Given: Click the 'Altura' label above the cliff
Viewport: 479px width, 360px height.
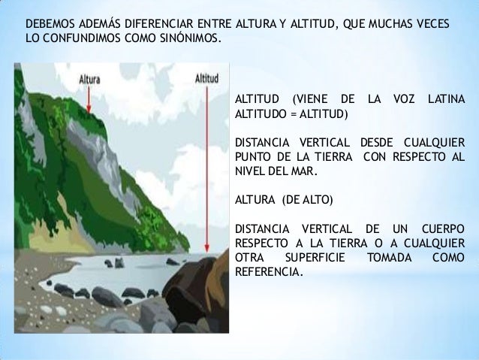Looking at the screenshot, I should tap(91, 77).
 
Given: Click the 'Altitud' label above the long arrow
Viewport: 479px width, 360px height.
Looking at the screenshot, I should tap(206, 77).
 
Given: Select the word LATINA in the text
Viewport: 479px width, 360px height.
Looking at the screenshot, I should tap(444, 101).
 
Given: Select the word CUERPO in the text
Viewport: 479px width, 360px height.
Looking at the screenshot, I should tap(441, 228).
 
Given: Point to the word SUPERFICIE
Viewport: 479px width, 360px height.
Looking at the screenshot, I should tap(310, 257).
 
